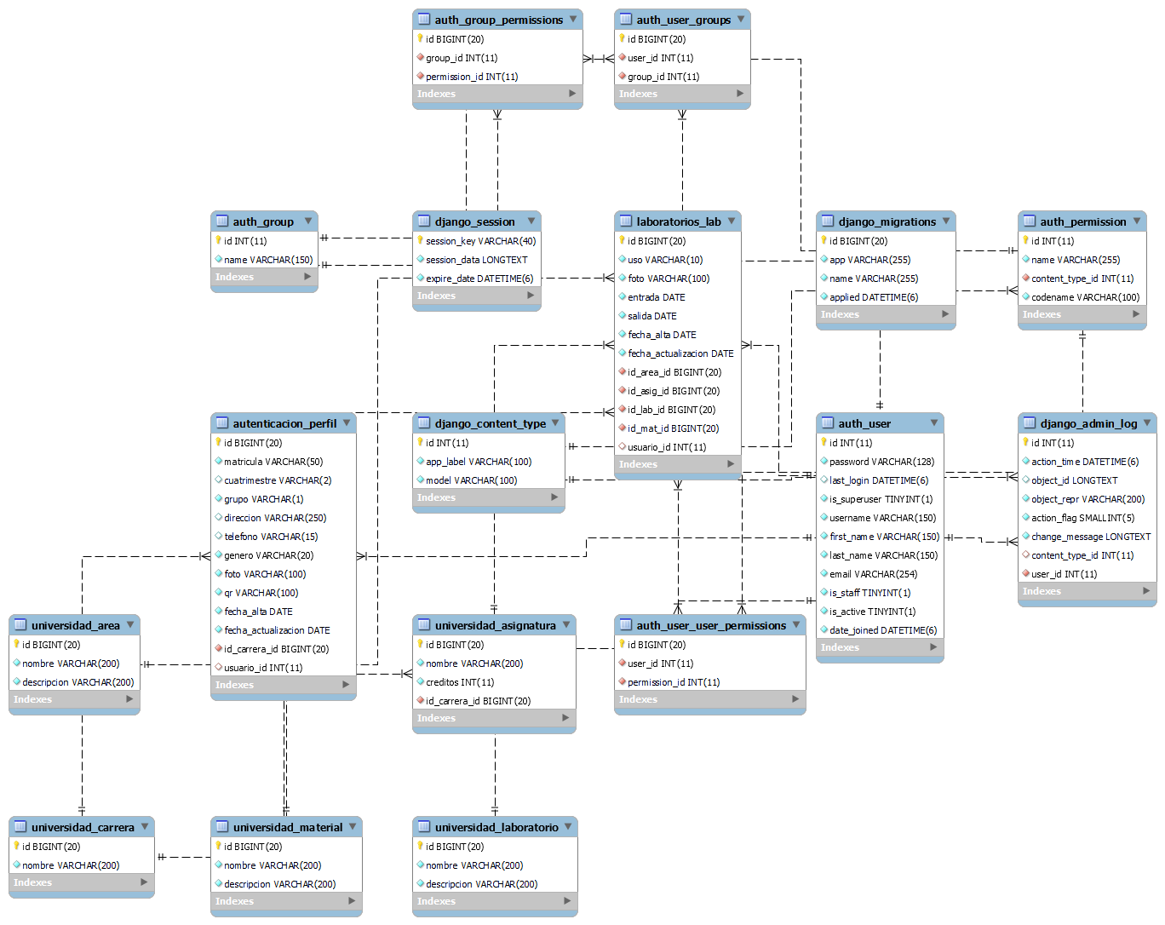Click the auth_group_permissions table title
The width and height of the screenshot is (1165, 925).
coord(498,20)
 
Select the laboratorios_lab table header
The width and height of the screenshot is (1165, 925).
coord(678,221)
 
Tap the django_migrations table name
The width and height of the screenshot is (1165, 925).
coord(887,221)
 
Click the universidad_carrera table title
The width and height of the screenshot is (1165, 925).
coord(83,827)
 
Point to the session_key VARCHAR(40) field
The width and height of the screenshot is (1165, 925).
coord(480,241)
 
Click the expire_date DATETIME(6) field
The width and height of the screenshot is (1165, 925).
coord(479,279)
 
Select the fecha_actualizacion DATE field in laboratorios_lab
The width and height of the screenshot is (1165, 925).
coord(680,353)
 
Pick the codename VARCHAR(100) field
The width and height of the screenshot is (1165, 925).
coord(1085,297)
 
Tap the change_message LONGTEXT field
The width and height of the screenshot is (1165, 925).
coord(1090,537)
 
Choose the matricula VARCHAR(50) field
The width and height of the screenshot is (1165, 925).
coord(273,462)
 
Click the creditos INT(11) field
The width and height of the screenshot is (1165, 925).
coord(460,682)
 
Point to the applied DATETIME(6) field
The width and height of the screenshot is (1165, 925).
coord(873,297)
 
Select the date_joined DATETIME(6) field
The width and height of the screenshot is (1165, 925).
coord(882,630)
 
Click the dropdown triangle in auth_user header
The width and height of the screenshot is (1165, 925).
coord(934,422)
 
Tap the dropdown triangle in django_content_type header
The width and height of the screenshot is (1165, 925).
coord(555,422)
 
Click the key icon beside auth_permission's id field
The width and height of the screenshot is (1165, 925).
coord(1025,241)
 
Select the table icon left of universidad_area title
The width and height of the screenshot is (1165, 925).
coord(20,625)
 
